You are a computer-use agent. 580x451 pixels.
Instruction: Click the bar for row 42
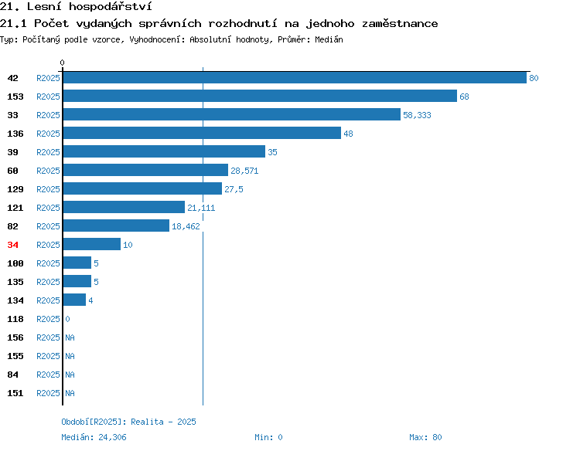pos(295,77)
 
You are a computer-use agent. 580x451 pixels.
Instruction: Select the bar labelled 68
pos(260,96)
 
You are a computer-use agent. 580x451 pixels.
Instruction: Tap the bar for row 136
pos(202,133)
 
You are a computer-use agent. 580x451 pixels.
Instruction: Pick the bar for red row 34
pos(92,244)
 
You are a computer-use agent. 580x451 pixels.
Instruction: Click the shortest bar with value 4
pos(74,300)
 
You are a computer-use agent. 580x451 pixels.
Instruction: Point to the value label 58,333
pos(417,115)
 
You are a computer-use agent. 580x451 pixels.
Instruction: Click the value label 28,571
pos(244,171)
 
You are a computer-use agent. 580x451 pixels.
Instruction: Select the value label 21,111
pos(201,208)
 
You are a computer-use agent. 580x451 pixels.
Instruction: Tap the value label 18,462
pos(186,226)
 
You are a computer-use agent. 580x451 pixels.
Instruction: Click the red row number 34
pos(12,245)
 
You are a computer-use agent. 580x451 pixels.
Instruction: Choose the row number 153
pos(15,97)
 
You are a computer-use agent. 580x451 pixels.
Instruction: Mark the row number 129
pos(15,189)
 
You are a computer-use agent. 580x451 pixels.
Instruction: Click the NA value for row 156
pos(70,337)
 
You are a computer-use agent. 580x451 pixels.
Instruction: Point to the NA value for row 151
pos(70,393)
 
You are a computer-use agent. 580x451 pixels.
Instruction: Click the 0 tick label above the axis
pos(62,63)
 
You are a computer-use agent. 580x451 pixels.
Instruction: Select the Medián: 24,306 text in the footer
pos(94,437)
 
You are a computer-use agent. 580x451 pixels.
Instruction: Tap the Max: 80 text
pos(425,437)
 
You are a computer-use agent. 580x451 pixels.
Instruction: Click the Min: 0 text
pos(268,437)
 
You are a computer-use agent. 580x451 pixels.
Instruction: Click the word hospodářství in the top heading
pos(111,7)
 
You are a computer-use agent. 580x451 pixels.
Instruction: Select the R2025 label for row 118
pos(48,319)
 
